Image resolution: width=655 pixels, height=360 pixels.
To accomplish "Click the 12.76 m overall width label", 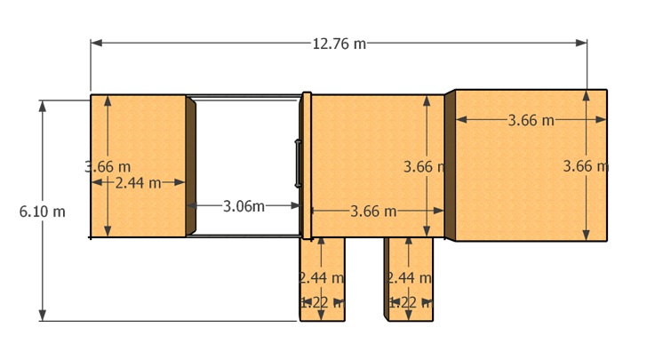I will pyautogui.click(x=339, y=44).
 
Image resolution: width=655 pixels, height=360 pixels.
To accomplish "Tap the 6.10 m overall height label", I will pyautogui.click(x=43, y=212).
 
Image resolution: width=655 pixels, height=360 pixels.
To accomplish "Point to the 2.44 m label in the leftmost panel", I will pyautogui.click(x=138, y=182).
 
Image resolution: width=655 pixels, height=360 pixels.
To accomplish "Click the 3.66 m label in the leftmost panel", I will pyautogui.click(x=107, y=166).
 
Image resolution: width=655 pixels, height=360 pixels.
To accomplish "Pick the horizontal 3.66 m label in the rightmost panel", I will pyautogui.click(x=531, y=120).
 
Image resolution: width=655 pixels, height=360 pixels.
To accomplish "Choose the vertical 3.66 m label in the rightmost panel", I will pyautogui.click(x=586, y=166).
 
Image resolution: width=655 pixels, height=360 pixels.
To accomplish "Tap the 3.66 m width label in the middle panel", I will pyautogui.click(x=373, y=211).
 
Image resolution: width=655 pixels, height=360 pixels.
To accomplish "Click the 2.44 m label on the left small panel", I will pyautogui.click(x=320, y=278).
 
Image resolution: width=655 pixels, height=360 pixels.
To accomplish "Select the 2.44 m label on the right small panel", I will pyautogui.click(x=408, y=278).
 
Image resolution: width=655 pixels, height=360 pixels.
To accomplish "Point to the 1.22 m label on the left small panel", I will pyautogui.click(x=320, y=302).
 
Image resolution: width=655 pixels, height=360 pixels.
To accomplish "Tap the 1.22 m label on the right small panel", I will pyautogui.click(x=408, y=302).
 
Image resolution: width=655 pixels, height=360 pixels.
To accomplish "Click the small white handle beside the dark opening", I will pyautogui.click(x=299, y=164).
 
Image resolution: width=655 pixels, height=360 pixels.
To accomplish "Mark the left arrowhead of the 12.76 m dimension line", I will pyautogui.click(x=95, y=43).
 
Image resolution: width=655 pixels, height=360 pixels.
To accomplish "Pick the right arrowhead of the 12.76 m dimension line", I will pyautogui.click(x=582, y=43).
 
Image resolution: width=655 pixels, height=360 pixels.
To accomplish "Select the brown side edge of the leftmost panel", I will pyautogui.click(x=190, y=166).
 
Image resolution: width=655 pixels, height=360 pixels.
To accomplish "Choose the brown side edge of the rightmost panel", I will pyautogui.click(x=450, y=166).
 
